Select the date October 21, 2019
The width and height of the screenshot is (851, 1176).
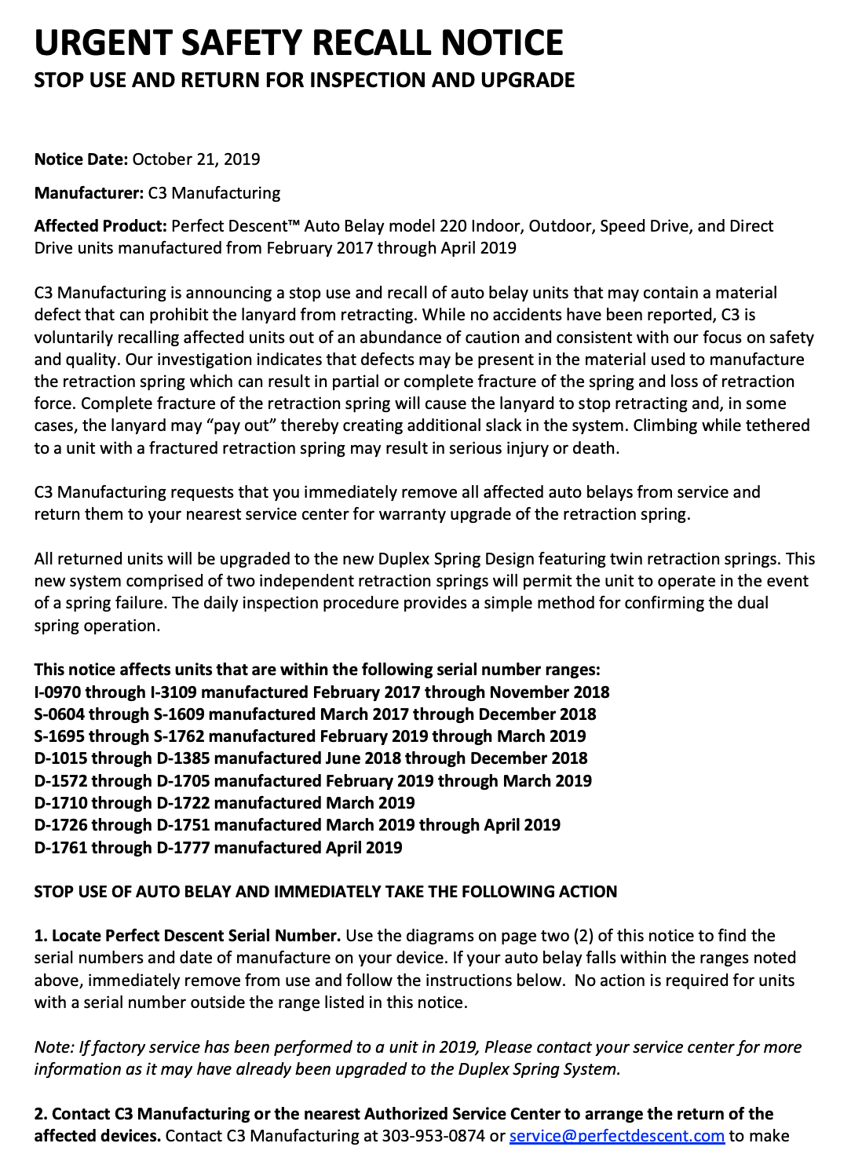click(196, 159)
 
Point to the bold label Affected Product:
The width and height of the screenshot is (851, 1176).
click(100, 226)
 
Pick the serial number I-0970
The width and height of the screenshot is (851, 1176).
click(57, 692)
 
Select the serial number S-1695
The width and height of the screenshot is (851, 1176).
click(59, 736)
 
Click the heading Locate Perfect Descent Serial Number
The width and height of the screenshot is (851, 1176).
click(195, 936)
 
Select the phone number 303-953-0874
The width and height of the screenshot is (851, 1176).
click(433, 1136)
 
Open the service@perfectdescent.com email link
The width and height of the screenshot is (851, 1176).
click(616, 1136)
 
